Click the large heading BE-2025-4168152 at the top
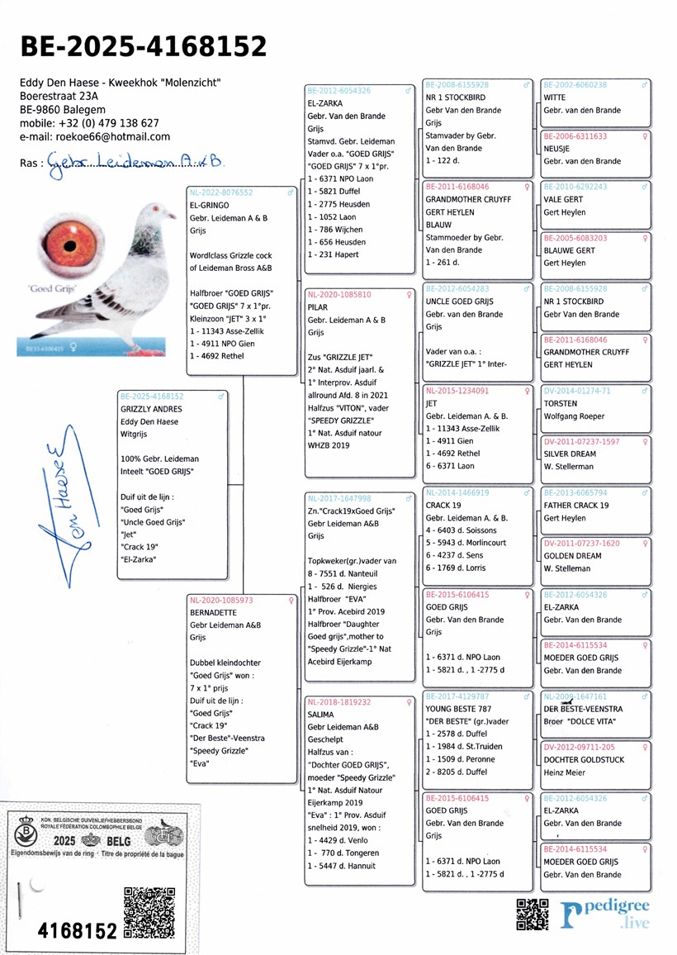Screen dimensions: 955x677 coord(143,46)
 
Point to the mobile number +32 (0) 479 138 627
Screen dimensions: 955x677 coord(89,123)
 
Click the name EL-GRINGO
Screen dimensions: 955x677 coord(210,205)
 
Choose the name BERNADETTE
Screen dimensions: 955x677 coord(213,613)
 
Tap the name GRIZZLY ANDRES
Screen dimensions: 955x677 coord(151,409)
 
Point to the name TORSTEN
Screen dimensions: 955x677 coord(561,404)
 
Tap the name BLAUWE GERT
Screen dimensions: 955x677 coord(569,250)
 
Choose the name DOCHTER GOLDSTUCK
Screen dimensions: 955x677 coord(584,759)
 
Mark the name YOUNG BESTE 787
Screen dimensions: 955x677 coord(459,709)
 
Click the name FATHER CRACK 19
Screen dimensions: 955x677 coord(575,506)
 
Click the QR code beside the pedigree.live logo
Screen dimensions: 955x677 coord(533,914)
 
